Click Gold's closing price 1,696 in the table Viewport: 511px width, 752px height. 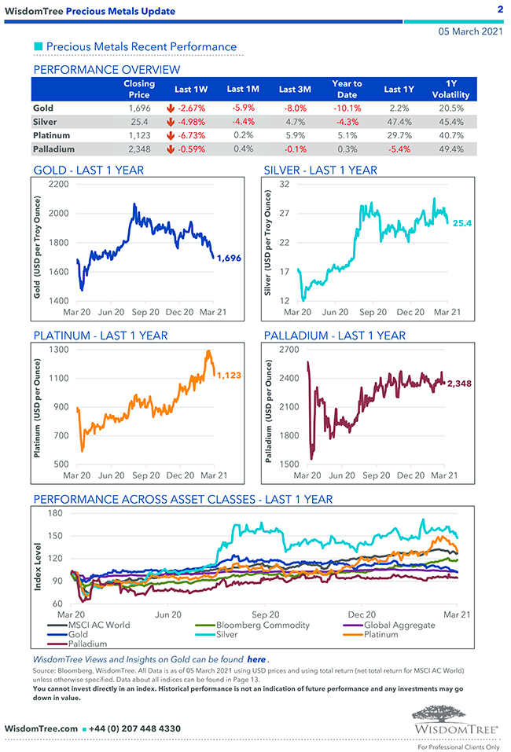(139, 108)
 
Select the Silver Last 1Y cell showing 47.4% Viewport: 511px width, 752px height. (399, 122)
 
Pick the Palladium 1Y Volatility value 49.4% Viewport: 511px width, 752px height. (451, 149)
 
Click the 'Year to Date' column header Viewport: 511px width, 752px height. (347, 89)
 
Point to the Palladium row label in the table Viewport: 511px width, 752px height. (54, 149)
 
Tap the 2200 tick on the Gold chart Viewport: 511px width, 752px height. (59, 184)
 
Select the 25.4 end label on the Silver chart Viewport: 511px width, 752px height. (462, 224)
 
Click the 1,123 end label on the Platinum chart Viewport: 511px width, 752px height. (228, 375)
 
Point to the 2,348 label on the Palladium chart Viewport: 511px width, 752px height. (458, 383)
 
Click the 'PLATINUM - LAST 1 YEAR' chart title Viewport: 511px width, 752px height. (101, 336)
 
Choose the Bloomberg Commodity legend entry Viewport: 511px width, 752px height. (263, 625)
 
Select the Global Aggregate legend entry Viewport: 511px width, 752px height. (399, 625)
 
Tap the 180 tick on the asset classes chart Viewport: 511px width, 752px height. (55, 513)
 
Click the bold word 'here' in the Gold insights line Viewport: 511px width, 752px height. (256, 659)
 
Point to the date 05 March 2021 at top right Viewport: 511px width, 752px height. (469, 31)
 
